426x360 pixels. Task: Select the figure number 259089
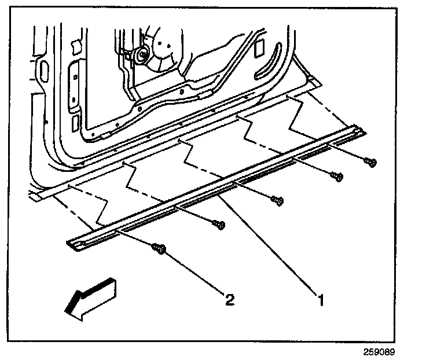pos(384,352)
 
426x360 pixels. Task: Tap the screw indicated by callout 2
pos(159,249)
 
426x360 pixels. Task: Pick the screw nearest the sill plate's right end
pos(370,162)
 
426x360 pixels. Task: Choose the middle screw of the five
pos(277,200)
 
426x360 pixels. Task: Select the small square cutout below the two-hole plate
pos(76,122)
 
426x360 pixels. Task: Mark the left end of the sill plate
pos(73,244)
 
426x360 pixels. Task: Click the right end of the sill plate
pos(359,133)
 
